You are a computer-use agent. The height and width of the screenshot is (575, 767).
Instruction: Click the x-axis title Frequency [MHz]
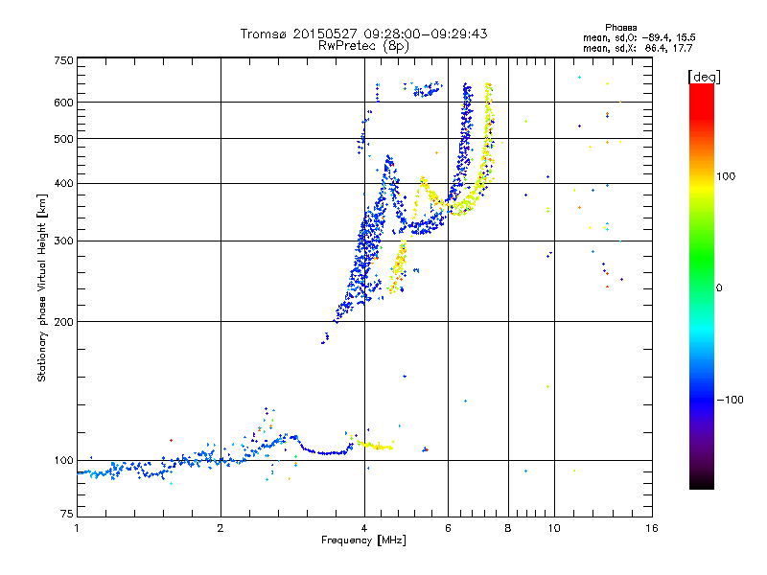tap(364, 540)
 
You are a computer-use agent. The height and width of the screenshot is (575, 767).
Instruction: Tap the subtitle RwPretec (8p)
tap(364, 45)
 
